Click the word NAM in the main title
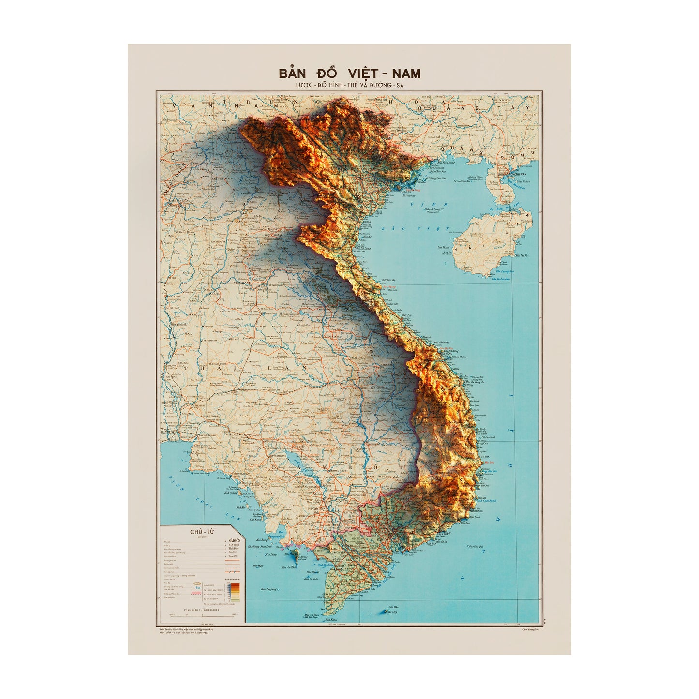click(405, 74)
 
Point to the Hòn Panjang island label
click(269, 589)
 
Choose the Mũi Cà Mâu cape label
click(312, 615)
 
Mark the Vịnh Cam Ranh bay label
click(487, 501)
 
